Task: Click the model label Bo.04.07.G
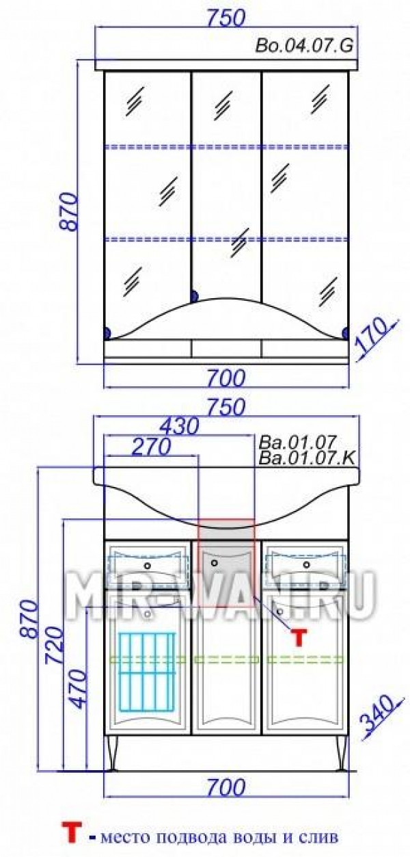coord(304,47)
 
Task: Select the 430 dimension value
coord(180,426)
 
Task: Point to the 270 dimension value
coord(150,446)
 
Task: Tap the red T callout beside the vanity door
coord(299,638)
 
